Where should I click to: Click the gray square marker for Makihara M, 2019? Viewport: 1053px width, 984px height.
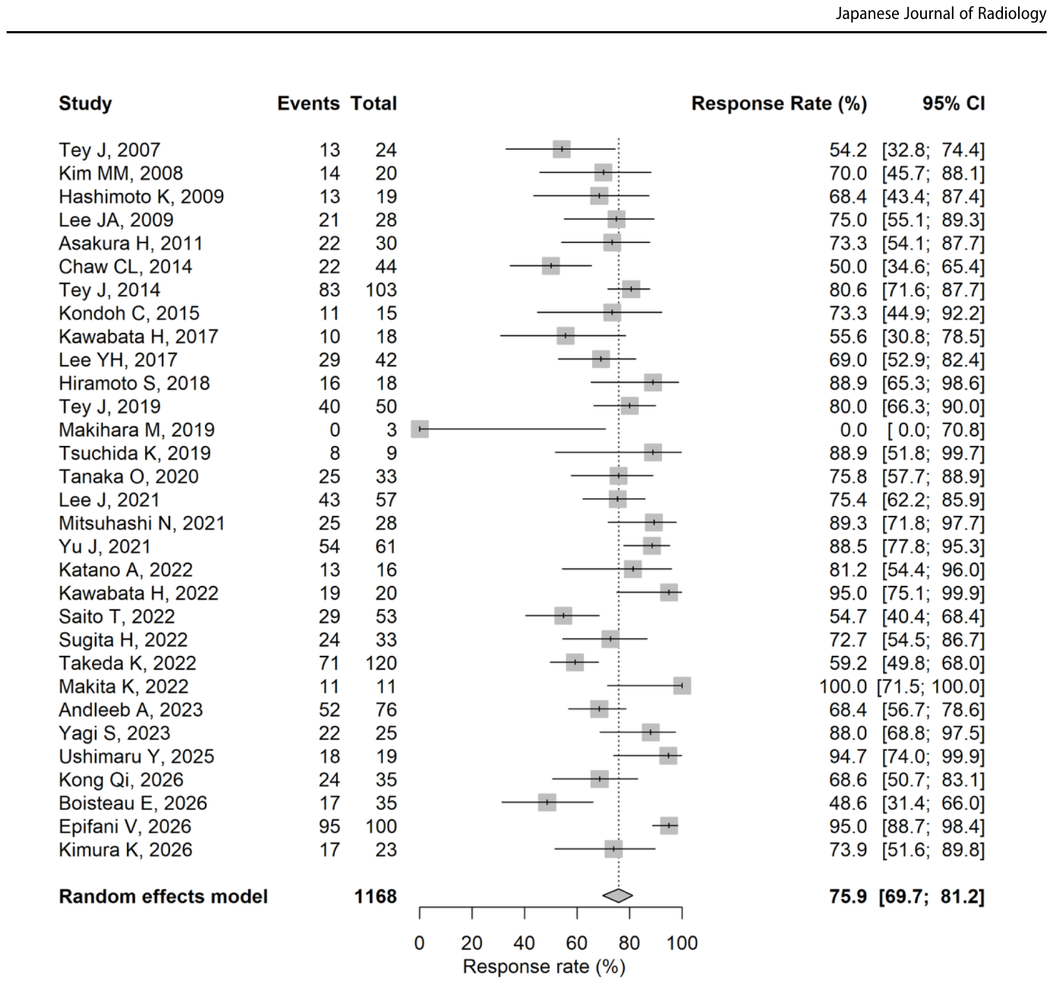(x=420, y=429)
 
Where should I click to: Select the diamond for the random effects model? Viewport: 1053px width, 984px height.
(x=618, y=896)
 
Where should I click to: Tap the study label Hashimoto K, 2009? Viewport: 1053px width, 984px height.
(x=141, y=196)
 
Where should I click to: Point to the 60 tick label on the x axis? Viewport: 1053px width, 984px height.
(x=576, y=943)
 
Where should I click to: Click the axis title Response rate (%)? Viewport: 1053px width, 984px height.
(x=544, y=967)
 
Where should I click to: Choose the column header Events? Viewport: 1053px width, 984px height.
(x=308, y=103)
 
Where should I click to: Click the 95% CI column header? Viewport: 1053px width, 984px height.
(x=954, y=103)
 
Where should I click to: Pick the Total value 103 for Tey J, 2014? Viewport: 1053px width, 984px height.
(x=380, y=290)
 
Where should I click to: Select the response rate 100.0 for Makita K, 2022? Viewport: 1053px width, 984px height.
(x=843, y=686)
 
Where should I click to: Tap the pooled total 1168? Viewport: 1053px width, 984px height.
(x=375, y=897)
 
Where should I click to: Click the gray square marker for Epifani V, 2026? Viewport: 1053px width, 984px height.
(x=669, y=826)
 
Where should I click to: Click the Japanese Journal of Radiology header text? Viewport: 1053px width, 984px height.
(x=941, y=13)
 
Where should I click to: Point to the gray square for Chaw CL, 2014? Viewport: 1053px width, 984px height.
(x=551, y=265)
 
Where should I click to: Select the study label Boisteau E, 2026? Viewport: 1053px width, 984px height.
(x=133, y=803)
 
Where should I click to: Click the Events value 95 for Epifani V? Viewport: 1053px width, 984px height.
(x=329, y=827)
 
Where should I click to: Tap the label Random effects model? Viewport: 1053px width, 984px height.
(x=163, y=897)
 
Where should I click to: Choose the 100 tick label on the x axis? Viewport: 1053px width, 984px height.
(x=682, y=943)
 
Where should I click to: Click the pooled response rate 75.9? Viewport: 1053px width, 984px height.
(x=848, y=897)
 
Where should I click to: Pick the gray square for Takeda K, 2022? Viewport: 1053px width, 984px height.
(x=575, y=663)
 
